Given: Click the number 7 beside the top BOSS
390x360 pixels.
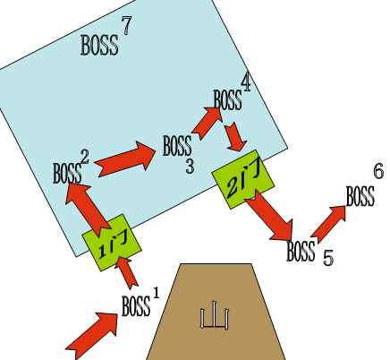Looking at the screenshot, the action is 126,25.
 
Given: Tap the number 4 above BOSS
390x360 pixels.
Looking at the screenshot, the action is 246,82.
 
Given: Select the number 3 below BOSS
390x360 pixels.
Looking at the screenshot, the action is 190,167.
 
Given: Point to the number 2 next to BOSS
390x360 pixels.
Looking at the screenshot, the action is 85,157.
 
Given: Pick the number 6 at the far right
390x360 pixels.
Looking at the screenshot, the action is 378,172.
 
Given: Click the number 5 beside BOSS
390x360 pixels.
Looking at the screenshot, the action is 328,258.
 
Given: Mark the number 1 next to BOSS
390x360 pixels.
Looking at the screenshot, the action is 157,293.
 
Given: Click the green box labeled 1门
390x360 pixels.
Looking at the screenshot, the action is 112,243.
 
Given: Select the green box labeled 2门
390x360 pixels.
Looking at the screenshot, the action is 242,179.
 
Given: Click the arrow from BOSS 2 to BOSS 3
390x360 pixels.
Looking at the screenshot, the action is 125,159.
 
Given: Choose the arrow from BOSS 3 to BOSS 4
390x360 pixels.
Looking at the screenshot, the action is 207,123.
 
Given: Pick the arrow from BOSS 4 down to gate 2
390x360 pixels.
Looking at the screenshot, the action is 235,136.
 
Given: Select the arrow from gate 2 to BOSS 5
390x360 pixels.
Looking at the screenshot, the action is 269,215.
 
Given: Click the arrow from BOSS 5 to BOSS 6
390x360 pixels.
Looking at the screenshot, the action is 328,224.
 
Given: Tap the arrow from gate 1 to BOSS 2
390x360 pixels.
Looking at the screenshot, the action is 86,209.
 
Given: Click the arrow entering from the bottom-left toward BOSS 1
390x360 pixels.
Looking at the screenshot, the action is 91,336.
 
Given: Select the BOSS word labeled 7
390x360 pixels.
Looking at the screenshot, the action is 99,45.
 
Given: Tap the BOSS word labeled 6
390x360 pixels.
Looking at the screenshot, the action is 360,196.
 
